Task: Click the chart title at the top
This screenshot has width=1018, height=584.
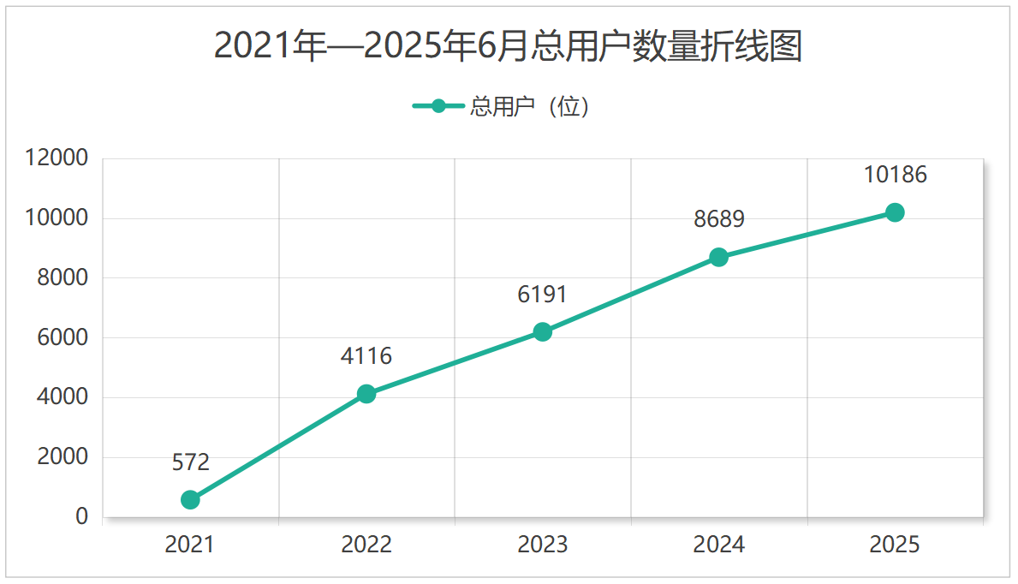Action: click(x=508, y=46)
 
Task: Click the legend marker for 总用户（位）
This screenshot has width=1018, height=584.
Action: click(x=438, y=106)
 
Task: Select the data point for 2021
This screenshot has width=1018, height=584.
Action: click(x=190, y=499)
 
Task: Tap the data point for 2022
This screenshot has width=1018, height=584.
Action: click(x=366, y=394)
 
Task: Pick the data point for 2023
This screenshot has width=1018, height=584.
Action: click(x=542, y=331)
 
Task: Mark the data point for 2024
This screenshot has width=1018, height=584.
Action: click(x=718, y=257)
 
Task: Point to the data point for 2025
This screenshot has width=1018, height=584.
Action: click(x=895, y=212)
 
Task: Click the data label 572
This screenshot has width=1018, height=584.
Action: click(x=190, y=463)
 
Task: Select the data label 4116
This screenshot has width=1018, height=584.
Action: click(x=366, y=356)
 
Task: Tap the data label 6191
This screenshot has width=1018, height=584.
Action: click(x=542, y=295)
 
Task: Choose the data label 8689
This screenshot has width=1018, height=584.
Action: click(x=718, y=219)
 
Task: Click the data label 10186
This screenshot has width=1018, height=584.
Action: click(x=895, y=175)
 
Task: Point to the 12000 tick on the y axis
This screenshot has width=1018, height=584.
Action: click(x=57, y=158)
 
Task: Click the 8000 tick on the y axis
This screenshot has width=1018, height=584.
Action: click(x=63, y=277)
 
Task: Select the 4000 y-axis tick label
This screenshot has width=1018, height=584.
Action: click(x=63, y=397)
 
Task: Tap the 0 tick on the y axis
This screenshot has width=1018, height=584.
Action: click(x=81, y=516)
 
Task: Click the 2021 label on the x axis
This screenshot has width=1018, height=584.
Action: click(x=190, y=545)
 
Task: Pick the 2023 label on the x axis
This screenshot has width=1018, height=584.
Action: click(x=542, y=545)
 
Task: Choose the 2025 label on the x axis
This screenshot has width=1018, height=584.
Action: click(x=895, y=545)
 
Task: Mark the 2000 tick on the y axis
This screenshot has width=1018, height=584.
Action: click(x=63, y=457)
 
